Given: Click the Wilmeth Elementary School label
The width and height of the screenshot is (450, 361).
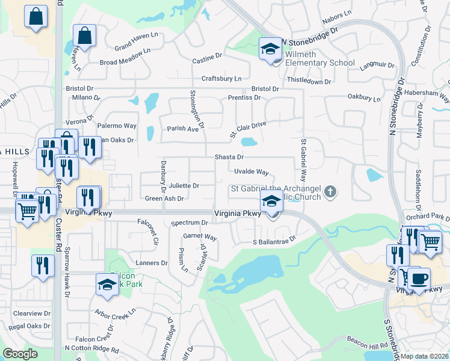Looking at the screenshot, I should (x=319, y=63).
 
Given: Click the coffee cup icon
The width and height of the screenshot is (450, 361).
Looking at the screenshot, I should (x=419, y=279).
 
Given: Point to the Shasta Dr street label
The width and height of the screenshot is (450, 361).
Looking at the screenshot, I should (x=229, y=157).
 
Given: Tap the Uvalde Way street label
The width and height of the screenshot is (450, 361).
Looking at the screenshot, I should (x=251, y=172).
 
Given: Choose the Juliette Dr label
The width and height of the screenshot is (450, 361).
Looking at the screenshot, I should (x=183, y=186).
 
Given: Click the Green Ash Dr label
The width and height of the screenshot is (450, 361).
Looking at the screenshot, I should (x=164, y=198).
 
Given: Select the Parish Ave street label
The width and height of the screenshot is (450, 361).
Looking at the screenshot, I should (x=183, y=129).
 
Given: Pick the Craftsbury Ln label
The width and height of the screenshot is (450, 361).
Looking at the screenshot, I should (x=221, y=79).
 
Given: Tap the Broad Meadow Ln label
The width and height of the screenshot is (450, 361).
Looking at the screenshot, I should (x=125, y=58).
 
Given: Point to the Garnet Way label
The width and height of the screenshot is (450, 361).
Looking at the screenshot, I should (x=200, y=237).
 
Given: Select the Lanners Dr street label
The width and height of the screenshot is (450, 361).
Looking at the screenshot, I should (x=152, y=263).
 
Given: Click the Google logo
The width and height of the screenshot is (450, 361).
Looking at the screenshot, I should (x=20, y=354).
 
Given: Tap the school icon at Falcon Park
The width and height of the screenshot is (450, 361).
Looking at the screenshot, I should (x=107, y=284).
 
